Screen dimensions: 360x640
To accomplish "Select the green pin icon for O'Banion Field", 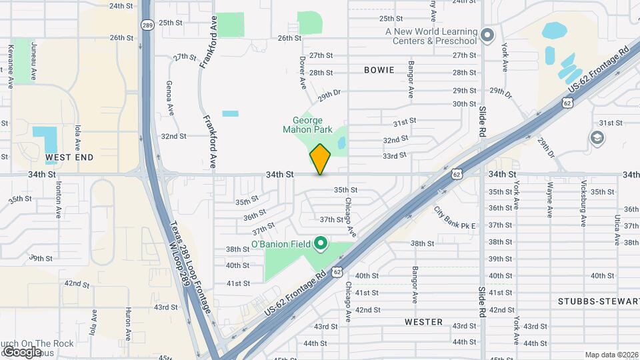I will (320, 244).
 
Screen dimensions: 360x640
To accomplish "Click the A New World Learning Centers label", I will (431, 36).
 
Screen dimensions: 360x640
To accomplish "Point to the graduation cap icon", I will (597, 138).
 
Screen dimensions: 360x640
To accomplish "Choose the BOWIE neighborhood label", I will (379, 69).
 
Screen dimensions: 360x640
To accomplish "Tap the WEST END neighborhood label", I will (69, 157).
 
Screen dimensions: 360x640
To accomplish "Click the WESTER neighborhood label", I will (423, 322).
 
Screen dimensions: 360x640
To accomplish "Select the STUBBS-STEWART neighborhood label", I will (599, 301).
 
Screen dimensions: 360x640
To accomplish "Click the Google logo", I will (22, 351).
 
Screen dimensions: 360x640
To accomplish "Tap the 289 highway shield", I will (147, 24).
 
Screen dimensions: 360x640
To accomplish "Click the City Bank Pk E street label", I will (455, 218).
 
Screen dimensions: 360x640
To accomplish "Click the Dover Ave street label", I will (302, 73).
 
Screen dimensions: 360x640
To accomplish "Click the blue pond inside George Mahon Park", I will (341, 142).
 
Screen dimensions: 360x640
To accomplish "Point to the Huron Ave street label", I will (128, 323).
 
